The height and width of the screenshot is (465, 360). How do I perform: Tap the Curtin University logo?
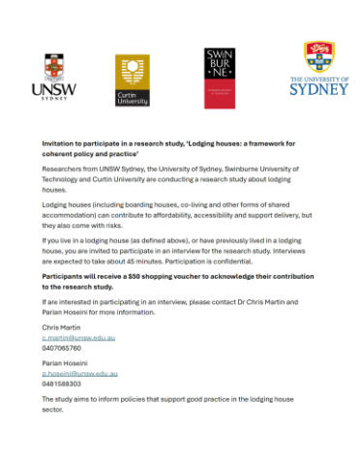(x=133, y=79)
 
